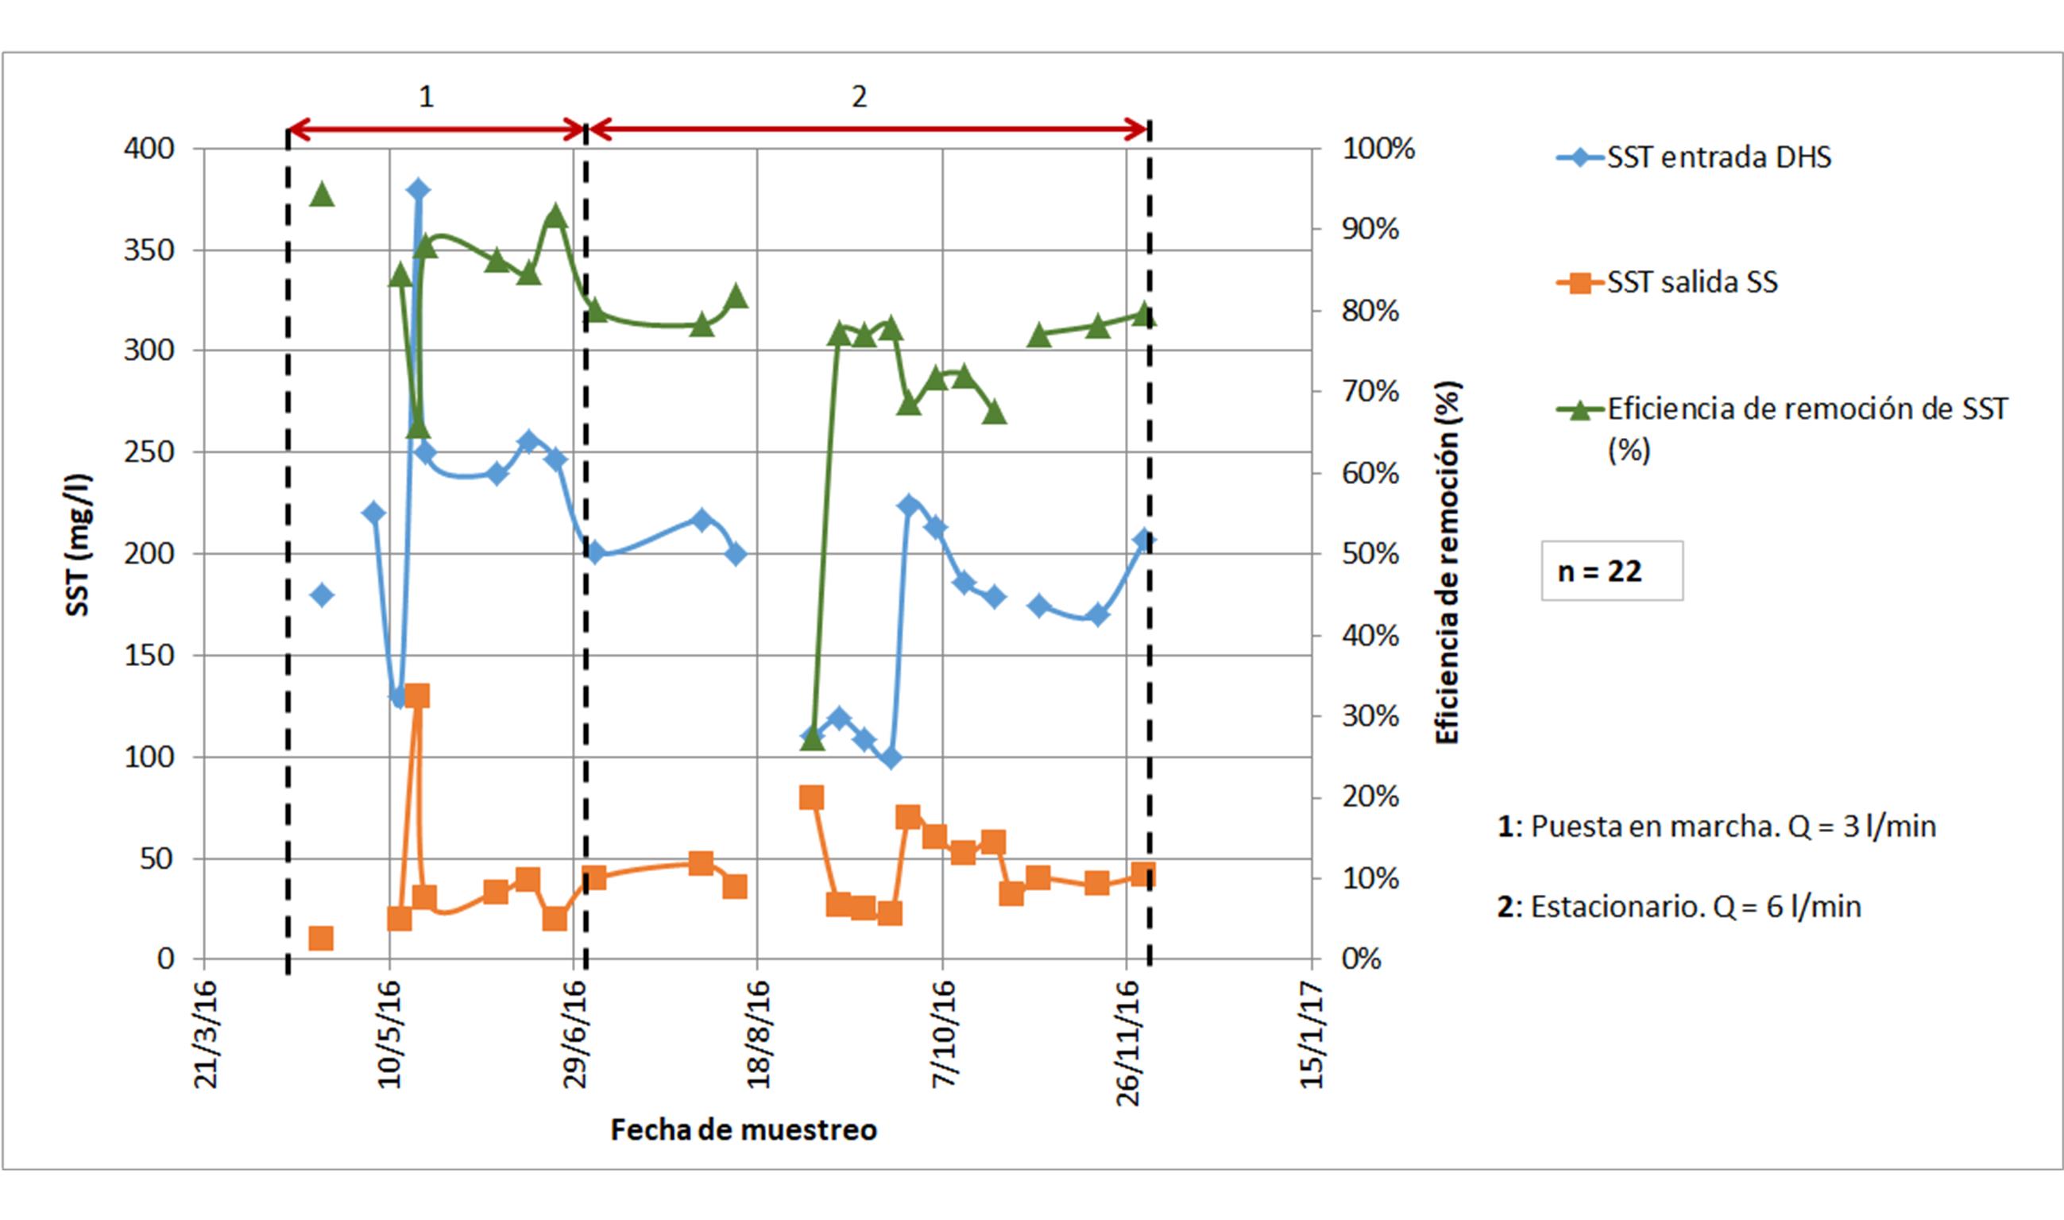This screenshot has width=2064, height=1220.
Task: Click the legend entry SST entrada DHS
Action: click(x=1694, y=157)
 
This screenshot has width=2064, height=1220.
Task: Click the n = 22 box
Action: click(x=1611, y=571)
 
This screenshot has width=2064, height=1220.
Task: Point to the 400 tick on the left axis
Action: click(x=149, y=149)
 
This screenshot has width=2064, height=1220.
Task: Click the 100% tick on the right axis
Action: click(x=1378, y=149)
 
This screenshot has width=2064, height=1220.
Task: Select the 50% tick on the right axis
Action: click(x=1370, y=554)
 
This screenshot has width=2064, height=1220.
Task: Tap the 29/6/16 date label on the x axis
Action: click(x=575, y=1033)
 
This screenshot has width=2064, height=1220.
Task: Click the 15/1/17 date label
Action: click(x=1312, y=1033)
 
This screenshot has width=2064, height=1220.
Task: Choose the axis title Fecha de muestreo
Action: click(x=744, y=1129)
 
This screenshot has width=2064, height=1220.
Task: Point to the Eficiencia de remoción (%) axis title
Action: click(x=1447, y=563)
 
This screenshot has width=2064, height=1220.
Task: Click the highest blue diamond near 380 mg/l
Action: click(x=417, y=190)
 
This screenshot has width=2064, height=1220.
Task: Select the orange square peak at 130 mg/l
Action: click(x=416, y=695)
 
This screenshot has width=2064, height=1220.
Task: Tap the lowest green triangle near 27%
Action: click(x=812, y=738)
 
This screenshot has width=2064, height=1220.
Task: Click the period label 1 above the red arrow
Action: click(x=426, y=97)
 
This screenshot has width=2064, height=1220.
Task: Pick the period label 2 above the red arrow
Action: click(x=859, y=97)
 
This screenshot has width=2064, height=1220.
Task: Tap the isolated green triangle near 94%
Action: click(x=322, y=195)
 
